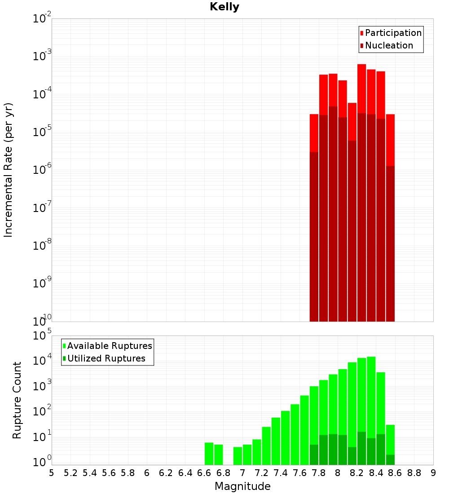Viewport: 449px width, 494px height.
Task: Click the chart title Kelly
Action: pos(224,7)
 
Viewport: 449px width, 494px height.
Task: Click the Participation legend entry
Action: pos(393,33)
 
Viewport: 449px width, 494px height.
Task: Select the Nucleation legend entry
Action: pos(389,46)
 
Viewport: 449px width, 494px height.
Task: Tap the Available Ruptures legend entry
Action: pos(110,346)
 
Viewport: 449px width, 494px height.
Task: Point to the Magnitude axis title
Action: pos(242,486)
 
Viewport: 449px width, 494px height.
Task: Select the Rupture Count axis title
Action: pos(17,400)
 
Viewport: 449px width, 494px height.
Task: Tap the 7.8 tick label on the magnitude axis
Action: pos(319,472)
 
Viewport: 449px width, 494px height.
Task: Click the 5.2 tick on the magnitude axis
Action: pos(71,472)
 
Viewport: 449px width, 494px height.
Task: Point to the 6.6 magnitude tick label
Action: pos(204,472)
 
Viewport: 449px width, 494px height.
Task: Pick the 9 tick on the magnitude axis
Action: pos(433,472)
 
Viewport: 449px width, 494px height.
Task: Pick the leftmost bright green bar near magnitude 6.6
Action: pos(209,454)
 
